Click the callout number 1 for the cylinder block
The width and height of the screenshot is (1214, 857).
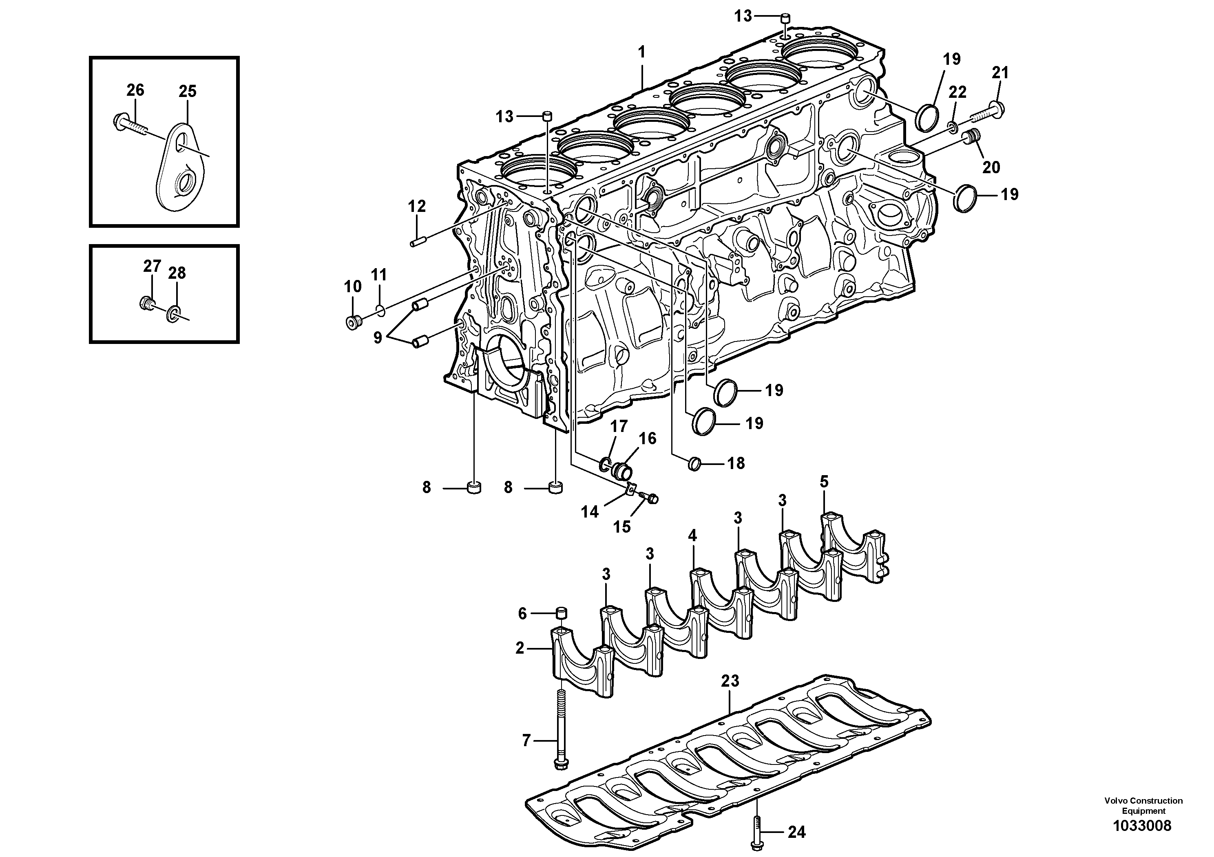click(x=641, y=52)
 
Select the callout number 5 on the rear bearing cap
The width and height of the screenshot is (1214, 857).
click(x=824, y=482)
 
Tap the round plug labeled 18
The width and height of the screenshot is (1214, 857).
click(x=695, y=464)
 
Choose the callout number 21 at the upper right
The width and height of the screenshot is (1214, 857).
click(x=1000, y=73)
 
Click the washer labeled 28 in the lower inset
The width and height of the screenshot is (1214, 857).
click(x=173, y=315)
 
